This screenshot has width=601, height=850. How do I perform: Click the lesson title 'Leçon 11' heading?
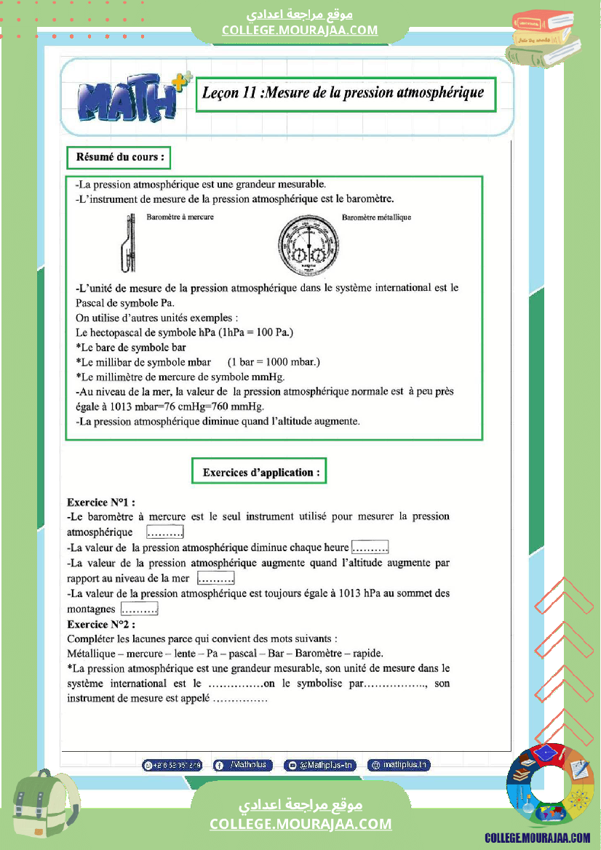[345, 94]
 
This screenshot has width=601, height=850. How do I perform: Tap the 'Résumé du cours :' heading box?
[119, 156]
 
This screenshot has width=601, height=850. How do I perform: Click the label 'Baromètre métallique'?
[376, 217]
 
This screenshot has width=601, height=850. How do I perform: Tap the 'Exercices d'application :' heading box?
[259, 472]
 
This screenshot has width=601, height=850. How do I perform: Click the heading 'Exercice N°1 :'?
[101, 502]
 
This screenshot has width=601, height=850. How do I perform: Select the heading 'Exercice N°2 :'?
[101, 624]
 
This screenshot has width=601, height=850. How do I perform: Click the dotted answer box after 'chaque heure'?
[370, 548]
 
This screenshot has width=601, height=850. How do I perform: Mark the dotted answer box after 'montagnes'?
[140, 609]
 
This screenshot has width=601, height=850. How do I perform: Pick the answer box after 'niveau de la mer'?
[215, 579]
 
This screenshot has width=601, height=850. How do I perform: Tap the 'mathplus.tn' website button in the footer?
[399, 765]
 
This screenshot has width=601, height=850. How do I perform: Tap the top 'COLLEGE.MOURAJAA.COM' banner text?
[300, 30]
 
